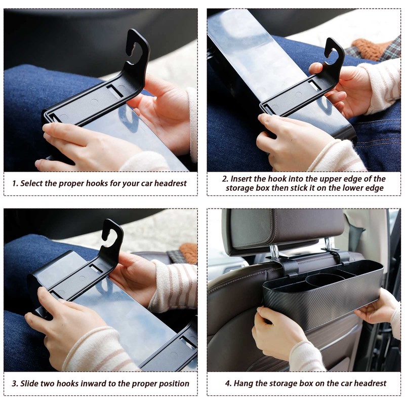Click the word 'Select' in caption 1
pyautogui.click(x=31, y=183)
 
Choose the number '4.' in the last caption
pyautogui.click(x=228, y=383)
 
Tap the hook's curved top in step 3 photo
pyautogui.click(x=112, y=229)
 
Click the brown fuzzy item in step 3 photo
pyautogui.click(x=188, y=253)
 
